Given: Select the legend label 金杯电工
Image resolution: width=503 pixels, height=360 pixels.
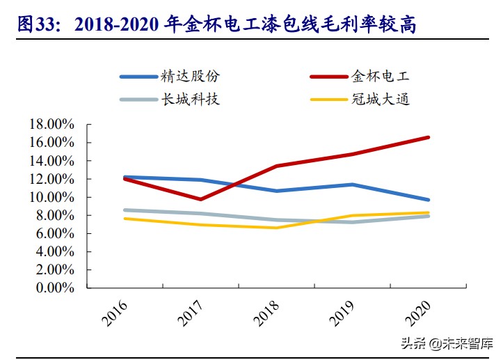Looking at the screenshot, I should click(x=380, y=76).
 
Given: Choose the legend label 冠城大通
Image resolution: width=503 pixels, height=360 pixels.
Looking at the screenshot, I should click(x=380, y=99).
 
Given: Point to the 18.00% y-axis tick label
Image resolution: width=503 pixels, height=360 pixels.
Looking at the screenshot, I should click(x=51, y=124).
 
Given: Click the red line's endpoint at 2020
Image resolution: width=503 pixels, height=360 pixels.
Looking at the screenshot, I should click(x=428, y=137).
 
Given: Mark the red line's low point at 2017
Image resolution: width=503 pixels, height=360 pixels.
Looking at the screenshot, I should click(x=201, y=199).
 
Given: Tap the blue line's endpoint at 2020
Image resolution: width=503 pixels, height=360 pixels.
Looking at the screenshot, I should click(x=428, y=200).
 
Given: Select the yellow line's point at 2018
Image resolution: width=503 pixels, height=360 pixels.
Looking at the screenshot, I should click(x=277, y=228).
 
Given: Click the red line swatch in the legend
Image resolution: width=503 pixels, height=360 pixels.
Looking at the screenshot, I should click(x=327, y=77).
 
